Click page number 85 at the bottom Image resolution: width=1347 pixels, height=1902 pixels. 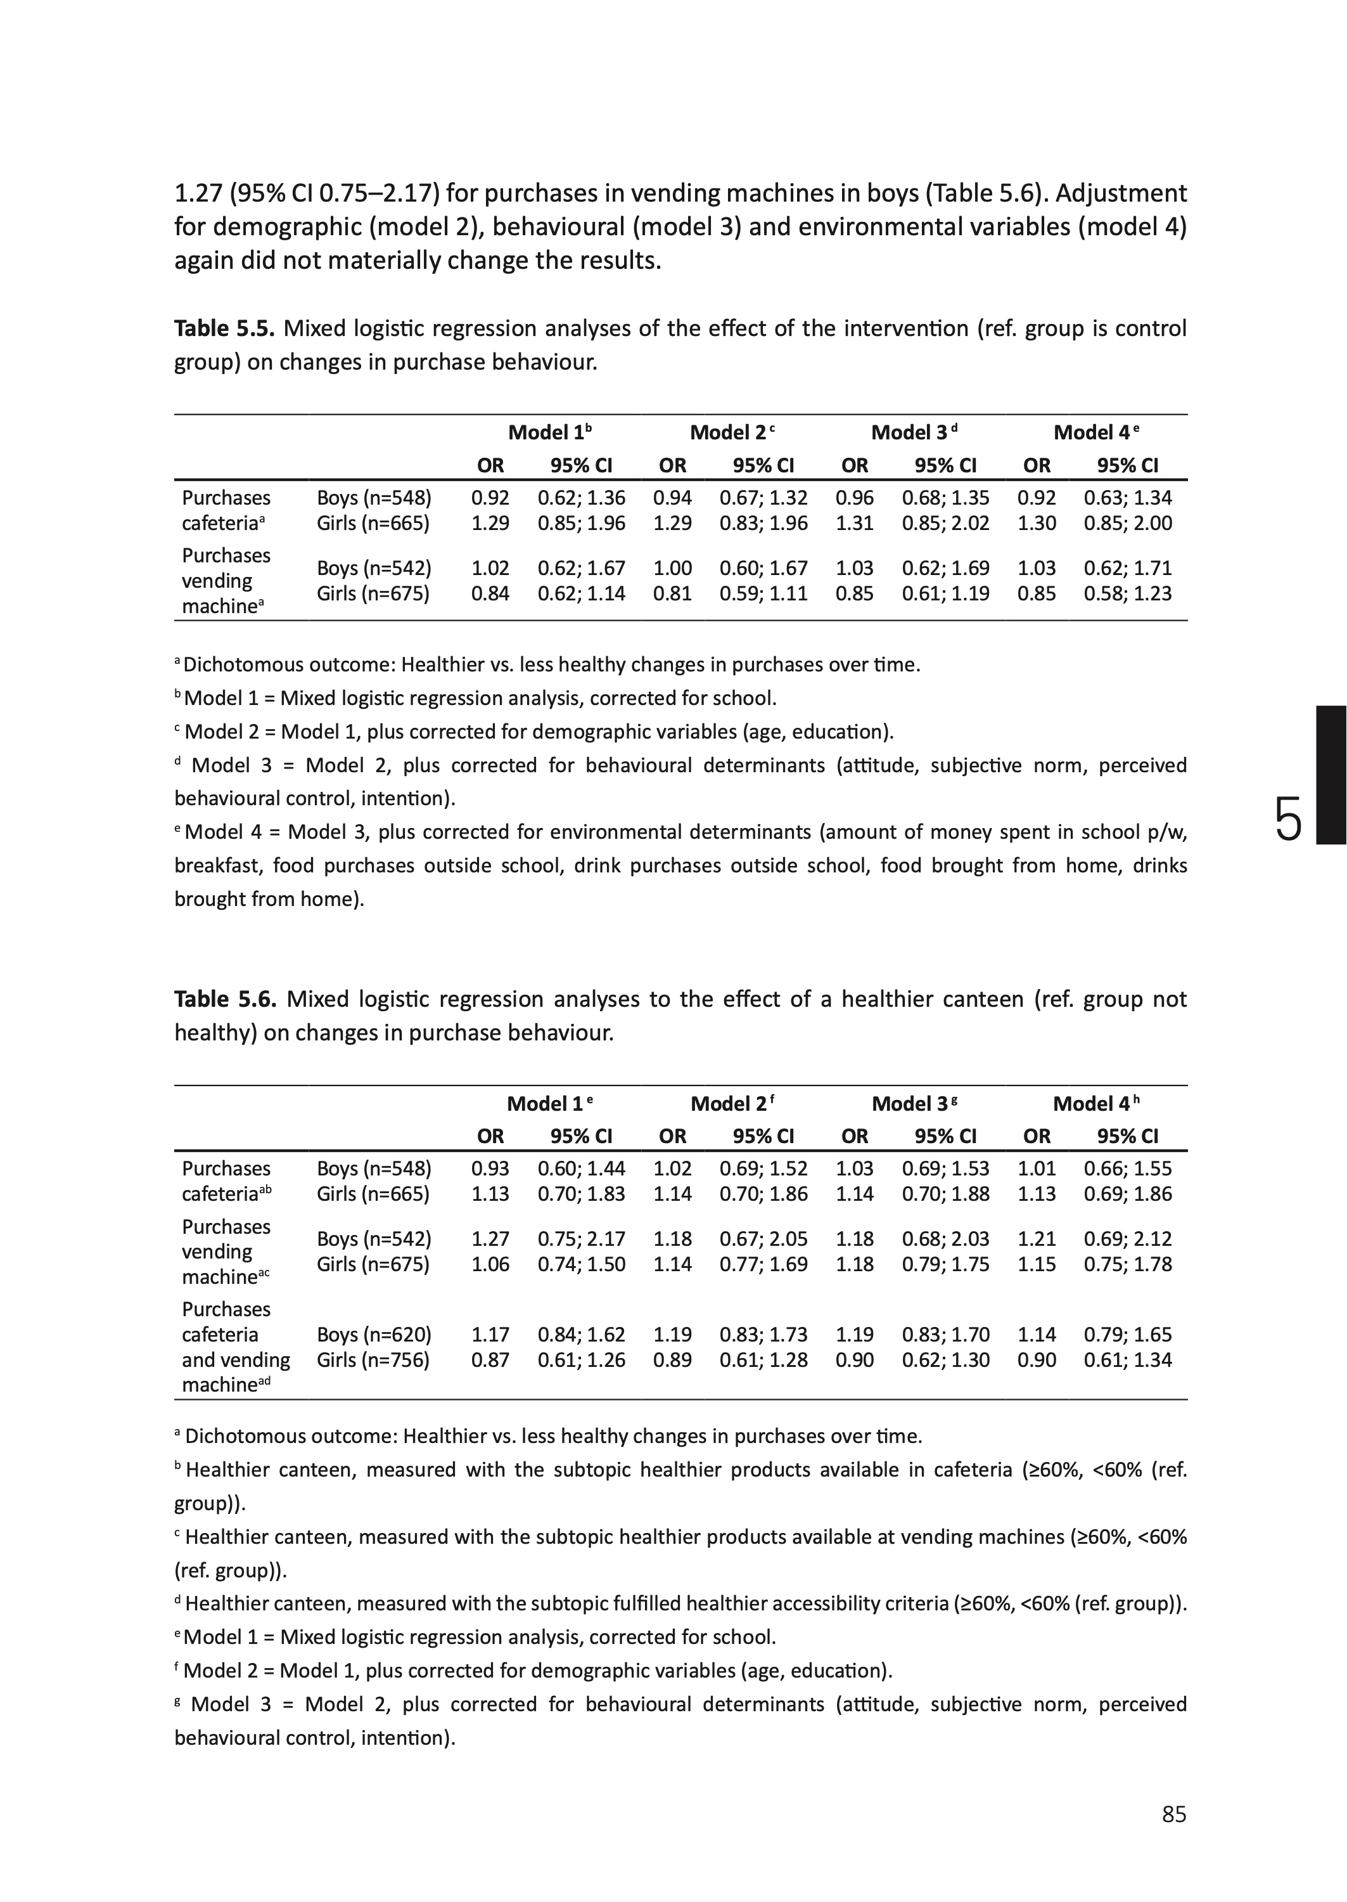1173,1815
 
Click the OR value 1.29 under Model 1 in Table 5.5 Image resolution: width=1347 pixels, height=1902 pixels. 490,524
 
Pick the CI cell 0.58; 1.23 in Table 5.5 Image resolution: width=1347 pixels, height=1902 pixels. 1127,593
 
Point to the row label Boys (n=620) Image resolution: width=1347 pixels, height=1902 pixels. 374,1335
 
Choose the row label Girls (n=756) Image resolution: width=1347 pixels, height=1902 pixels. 373,1360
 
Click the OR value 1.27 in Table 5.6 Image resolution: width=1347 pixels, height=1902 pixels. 490,1239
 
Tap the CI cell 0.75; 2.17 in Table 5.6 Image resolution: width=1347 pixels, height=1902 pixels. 582,1239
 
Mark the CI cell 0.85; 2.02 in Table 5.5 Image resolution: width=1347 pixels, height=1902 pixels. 945,524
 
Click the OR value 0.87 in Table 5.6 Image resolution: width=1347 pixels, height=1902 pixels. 490,1360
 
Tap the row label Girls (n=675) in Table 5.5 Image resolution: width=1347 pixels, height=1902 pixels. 373,593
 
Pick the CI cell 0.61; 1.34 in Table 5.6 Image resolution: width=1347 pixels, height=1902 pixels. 1127,1360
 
